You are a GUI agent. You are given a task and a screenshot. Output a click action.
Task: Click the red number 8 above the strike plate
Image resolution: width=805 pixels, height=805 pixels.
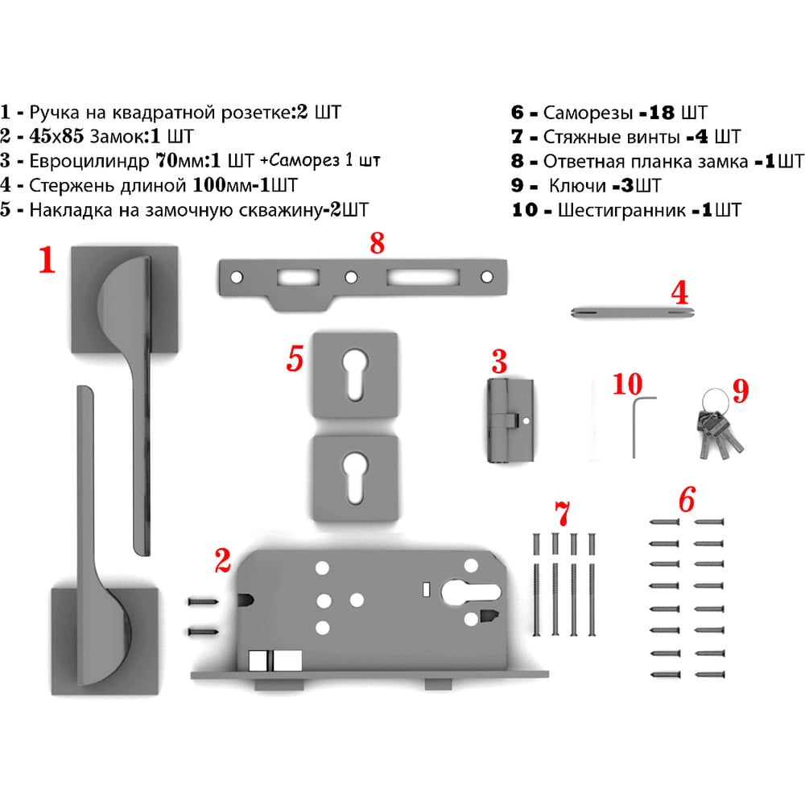pos(378,243)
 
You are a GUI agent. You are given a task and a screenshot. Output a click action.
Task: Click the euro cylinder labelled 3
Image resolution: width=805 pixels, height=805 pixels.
pos(510,420)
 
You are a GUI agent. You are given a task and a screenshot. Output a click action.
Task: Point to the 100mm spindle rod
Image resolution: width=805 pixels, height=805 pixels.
pos(633,312)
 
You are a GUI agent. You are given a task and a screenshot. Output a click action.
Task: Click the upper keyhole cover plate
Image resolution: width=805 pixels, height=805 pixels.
pos(355,375)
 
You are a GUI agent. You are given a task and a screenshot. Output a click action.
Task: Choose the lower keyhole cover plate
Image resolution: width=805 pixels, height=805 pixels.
pos(355,478)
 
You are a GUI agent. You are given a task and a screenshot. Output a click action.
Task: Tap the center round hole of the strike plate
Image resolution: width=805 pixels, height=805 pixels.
pos(351,278)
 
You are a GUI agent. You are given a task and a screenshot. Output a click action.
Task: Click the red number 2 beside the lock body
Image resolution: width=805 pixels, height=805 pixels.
pos(223,560)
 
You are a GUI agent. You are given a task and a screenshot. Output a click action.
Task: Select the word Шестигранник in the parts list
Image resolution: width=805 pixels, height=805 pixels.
pos(621,210)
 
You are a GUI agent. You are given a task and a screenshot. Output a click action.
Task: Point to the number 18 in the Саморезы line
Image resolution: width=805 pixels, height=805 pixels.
pos(662,113)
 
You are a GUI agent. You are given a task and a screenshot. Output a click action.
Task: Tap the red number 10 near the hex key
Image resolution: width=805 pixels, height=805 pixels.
pos(627,384)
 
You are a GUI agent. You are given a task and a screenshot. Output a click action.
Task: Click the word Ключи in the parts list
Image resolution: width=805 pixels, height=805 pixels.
pos(577,185)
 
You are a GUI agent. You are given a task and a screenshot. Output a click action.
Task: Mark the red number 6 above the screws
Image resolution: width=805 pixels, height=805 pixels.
pos(687,499)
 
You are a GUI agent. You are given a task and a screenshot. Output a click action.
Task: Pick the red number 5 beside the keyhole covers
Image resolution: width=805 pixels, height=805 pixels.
pos(295,358)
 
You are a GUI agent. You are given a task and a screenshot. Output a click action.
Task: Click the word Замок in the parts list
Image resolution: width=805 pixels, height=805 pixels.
pos(117,137)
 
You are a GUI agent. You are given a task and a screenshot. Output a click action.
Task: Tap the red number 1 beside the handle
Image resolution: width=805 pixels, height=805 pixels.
pos(47,260)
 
